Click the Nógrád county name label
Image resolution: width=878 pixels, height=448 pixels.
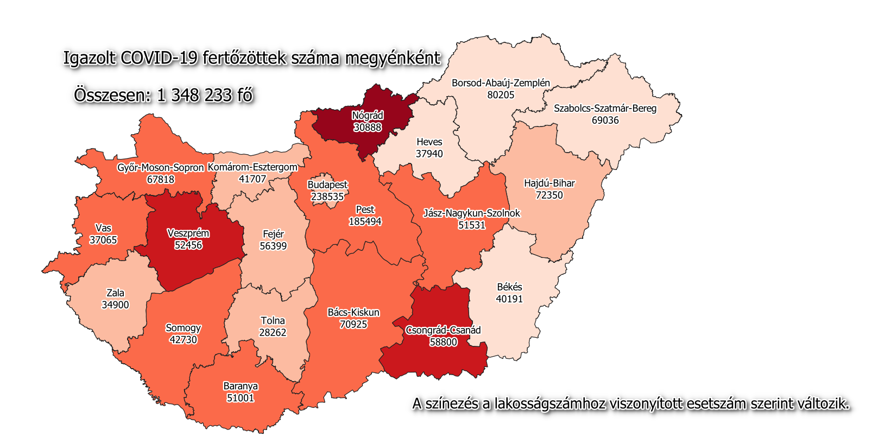tap(368, 116)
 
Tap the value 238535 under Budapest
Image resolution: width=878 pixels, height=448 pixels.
tap(327, 197)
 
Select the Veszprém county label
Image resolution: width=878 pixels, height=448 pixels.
tap(188, 234)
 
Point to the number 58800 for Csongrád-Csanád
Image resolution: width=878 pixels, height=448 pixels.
tap(443, 342)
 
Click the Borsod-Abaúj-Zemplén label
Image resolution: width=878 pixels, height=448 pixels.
tap(501, 83)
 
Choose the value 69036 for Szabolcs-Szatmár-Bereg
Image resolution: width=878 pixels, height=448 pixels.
tap(605, 120)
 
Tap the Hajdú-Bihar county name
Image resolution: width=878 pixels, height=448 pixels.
tap(549, 183)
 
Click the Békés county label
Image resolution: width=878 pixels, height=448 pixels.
tap(509, 287)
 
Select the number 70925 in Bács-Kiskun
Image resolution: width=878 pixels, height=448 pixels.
tap(353, 324)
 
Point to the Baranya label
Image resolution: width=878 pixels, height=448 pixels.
tap(241, 386)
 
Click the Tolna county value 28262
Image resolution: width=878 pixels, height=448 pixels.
tap(273, 332)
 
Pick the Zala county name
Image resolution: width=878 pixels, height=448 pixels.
tap(115, 293)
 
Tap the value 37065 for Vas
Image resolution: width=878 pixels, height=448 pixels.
tap(103, 240)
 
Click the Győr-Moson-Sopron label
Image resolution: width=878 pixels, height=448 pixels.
tap(160, 168)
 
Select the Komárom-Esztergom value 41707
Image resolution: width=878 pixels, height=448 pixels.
tap(252, 179)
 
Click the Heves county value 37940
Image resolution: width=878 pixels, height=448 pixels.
tap(429, 154)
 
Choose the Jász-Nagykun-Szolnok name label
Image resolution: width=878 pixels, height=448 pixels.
tap(471, 213)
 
